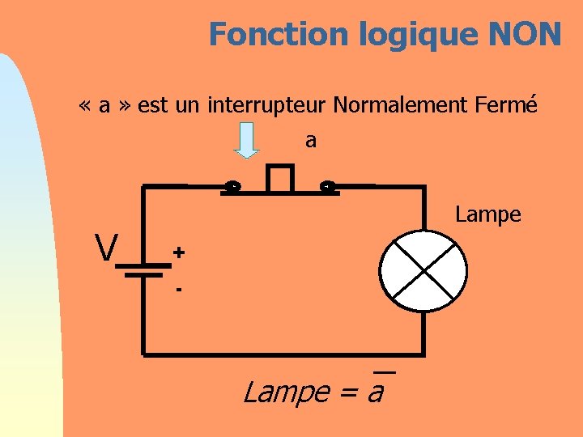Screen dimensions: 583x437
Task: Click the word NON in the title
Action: click(x=525, y=34)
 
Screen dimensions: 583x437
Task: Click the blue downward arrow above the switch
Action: click(x=246, y=140)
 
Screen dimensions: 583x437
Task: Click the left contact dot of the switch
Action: click(x=232, y=188)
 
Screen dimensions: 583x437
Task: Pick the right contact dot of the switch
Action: click(x=327, y=188)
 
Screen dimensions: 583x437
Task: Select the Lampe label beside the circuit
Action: click(x=487, y=214)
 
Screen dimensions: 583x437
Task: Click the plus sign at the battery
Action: click(x=178, y=252)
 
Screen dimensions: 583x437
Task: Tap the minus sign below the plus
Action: click(x=178, y=287)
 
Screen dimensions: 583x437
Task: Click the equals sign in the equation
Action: click(x=347, y=393)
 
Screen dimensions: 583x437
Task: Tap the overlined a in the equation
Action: click(x=376, y=392)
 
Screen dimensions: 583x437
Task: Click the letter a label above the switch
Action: click(x=311, y=141)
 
